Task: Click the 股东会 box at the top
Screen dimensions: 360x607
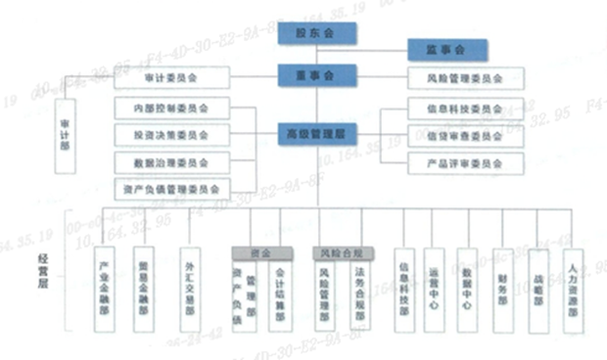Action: (317, 34)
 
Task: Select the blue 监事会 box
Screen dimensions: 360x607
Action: (446, 49)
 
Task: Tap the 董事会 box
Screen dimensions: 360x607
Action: (317, 76)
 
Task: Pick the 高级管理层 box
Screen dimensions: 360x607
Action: (317, 133)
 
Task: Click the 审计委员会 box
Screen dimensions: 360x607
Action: (171, 77)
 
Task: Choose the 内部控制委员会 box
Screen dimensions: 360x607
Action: (171, 106)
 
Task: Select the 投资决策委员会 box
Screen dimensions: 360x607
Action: (171, 133)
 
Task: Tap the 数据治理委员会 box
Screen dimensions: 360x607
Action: (171, 160)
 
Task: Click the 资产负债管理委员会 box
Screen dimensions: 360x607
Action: (171, 188)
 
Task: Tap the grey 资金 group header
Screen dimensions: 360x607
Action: (259, 251)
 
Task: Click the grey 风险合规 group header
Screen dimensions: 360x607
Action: (342, 251)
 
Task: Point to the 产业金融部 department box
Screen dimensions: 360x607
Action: (106, 290)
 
